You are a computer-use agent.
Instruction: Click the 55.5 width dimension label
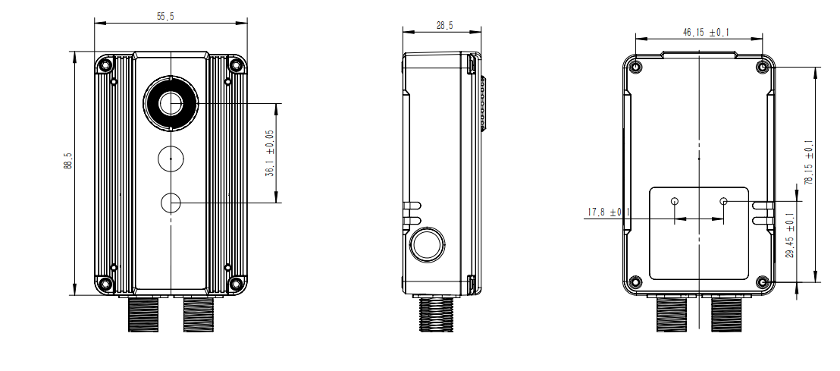165,16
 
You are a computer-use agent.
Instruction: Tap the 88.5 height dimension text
67,160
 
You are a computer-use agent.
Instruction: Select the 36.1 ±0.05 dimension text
270,153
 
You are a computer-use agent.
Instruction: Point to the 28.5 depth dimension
444,25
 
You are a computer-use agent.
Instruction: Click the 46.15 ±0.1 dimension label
706,33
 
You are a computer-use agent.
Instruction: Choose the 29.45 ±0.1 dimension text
790,235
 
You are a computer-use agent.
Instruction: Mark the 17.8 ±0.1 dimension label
609,212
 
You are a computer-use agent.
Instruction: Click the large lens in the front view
171,103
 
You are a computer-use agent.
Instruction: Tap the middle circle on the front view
171,159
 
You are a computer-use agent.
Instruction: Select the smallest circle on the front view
171,203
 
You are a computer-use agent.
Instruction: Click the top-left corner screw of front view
106,65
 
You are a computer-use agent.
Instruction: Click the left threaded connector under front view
143,315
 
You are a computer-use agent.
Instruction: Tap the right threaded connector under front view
198,315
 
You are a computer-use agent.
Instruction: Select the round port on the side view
427,244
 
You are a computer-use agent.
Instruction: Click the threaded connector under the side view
436,315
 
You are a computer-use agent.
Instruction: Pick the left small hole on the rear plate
675,201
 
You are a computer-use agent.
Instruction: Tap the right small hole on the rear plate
724,201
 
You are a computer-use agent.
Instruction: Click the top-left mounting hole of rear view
635,67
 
